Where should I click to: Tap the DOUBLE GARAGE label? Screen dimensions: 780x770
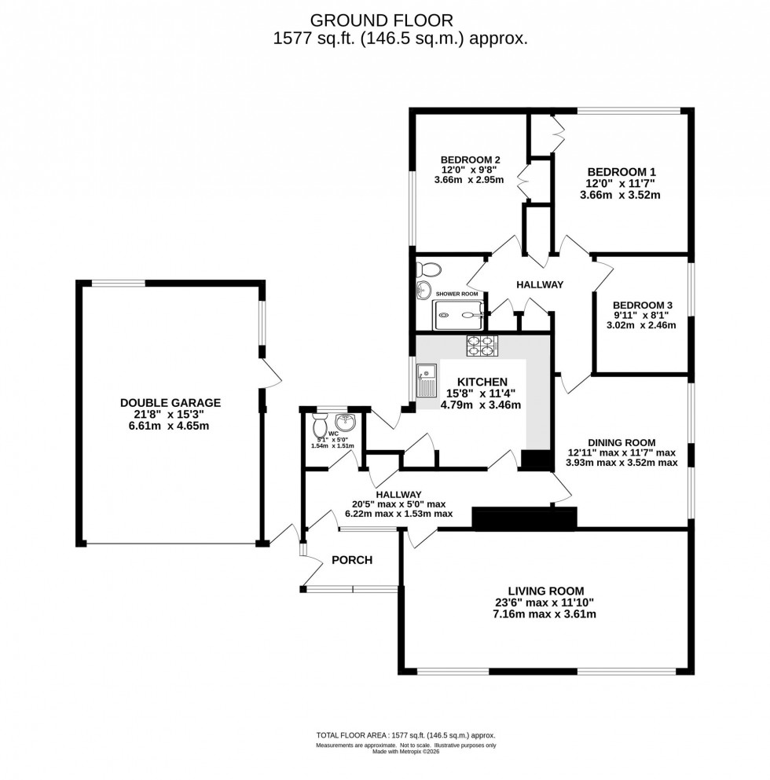[x=170, y=402]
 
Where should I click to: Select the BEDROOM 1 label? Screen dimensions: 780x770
[x=621, y=172]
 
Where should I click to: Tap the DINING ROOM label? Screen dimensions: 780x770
[x=621, y=442]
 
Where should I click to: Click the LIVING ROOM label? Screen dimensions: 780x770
[x=545, y=591]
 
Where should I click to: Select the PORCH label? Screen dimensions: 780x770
[x=351, y=560]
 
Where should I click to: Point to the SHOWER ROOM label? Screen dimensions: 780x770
[x=458, y=295]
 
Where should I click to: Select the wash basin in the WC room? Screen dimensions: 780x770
[x=349, y=422]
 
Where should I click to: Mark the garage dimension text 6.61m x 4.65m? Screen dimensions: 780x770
[x=170, y=426]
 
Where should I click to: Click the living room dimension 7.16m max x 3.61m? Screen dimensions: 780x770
[x=545, y=614]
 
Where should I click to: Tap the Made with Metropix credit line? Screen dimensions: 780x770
[x=405, y=751]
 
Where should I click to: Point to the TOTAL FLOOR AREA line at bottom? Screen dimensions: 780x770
[x=405, y=735]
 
